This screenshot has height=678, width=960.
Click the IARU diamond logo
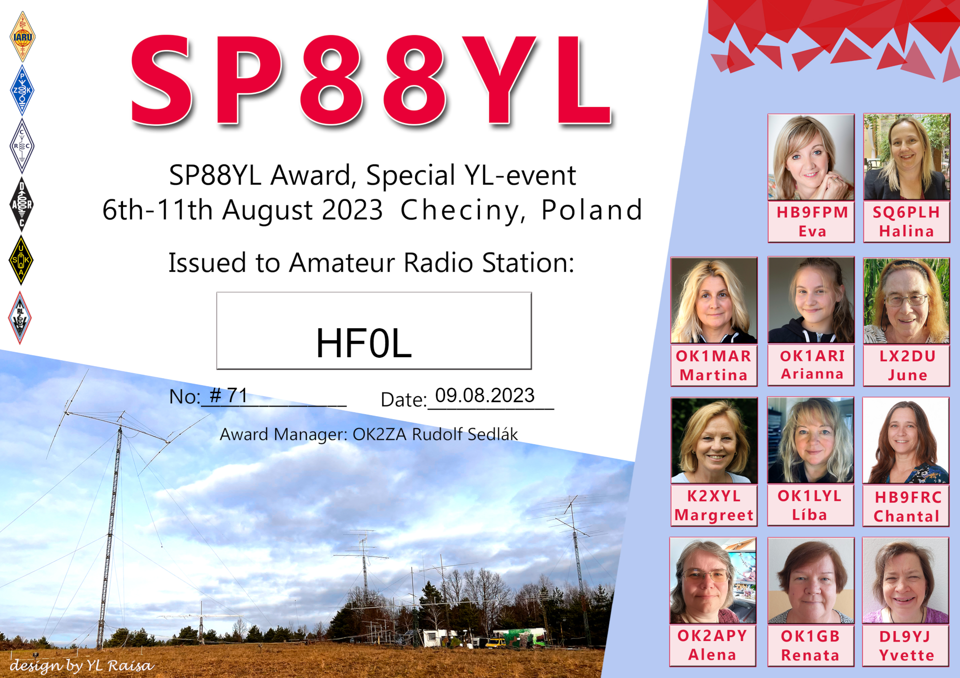click(x=22, y=37)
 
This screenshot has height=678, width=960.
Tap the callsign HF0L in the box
click(x=364, y=344)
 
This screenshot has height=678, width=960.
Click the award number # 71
click(x=229, y=396)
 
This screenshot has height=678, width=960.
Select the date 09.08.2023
click(x=485, y=395)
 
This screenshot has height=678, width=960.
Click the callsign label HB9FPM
click(x=812, y=212)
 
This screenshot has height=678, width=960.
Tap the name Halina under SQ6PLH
click(x=906, y=231)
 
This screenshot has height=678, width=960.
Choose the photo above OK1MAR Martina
click(x=714, y=300)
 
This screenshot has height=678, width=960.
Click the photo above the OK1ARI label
click(x=811, y=300)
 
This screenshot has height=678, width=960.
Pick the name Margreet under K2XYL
click(x=714, y=515)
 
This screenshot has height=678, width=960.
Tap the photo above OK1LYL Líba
click(x=810, y=440)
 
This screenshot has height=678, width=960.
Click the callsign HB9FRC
click(x=908, y=497)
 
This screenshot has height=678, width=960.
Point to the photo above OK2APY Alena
click(x=713, y=581)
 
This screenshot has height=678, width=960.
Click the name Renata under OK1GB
click(x=810, y=655)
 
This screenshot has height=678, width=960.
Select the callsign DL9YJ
click(x=904, y=636)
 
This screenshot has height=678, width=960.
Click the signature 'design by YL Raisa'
click(x=81, y=666)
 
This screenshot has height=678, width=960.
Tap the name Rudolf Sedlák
click(x=465, y=434)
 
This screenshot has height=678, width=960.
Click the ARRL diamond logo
click(x=20, y=318)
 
